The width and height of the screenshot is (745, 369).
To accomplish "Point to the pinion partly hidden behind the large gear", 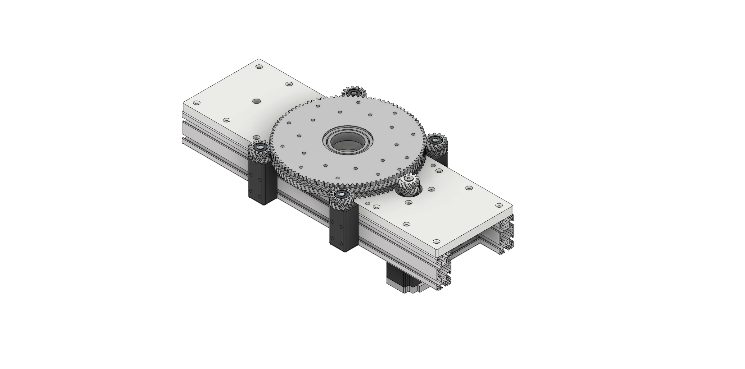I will (354, 93).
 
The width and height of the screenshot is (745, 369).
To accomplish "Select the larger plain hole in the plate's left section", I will (256, 102).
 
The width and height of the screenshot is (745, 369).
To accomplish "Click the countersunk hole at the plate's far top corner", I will (259, 67).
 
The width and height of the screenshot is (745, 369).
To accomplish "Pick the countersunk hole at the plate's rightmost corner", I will (499, 205).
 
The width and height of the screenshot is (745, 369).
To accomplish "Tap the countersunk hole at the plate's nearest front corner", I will (436, 241).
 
